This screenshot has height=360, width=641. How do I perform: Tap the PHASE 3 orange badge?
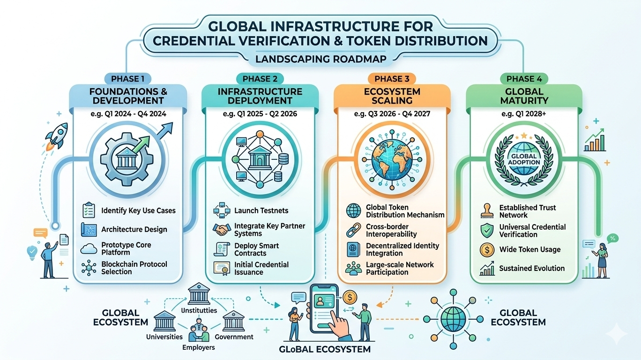(x=392, y=79)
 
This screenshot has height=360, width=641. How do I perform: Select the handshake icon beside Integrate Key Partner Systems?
(x=222, y=230)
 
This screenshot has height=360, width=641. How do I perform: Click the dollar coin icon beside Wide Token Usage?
(x=487, y=250)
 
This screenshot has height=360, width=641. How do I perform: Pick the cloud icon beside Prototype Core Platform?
(x=89, y=249)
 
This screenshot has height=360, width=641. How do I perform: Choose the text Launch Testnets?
(x=261, y=211)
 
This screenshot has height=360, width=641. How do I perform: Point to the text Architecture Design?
(x=134, y=230)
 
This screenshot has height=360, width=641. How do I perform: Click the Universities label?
(x=164, y=337)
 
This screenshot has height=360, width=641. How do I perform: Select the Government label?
(x=234, y=337)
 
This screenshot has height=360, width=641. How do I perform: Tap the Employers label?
(x=199, y=347)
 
